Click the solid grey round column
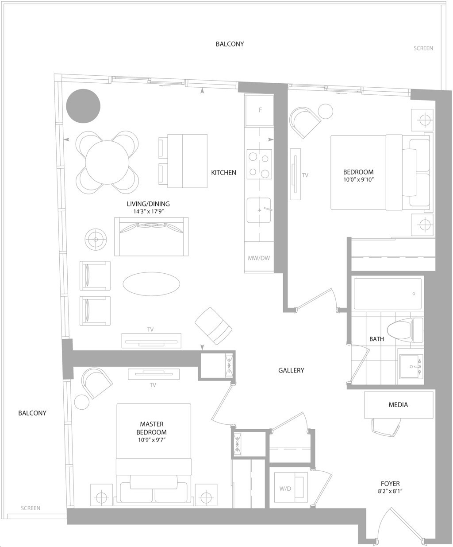point(83,106)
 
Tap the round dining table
point(107,163)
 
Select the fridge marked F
point(260,110)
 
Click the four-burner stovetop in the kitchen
point(259,164)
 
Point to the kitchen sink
point(259,210)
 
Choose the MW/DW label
point(259,258)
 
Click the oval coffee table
point(151,284)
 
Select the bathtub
point(388,294)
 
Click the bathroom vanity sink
point(411,367)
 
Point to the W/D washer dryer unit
point(291,489)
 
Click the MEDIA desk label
point(398,405)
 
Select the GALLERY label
point(291,370)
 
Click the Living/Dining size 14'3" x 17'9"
point(148,212)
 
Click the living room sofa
point(151,237)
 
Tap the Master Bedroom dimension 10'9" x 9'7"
point(152,440)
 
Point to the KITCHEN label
point(223,173)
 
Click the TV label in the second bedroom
point(305,175)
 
